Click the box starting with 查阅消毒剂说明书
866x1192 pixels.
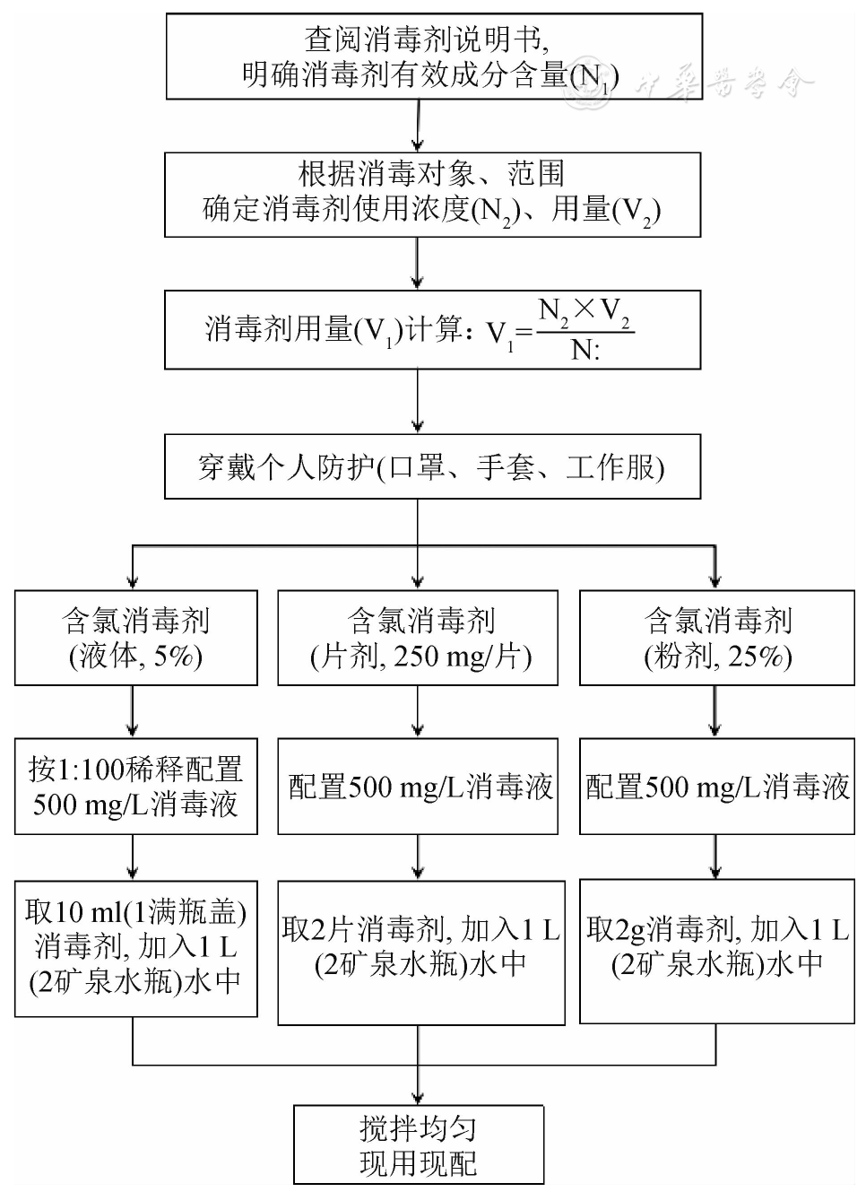point(434,56)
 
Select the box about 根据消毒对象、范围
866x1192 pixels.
point(432,193)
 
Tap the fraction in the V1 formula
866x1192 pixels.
point(585,329)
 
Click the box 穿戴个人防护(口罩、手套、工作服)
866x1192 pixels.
point(432,466)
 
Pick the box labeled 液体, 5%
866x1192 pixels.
point(135,638)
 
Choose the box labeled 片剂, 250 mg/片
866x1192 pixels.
point(418,638)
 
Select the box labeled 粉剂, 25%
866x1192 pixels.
point(716,638)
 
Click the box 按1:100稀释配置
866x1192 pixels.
point(135,786)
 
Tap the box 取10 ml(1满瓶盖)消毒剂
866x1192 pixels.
point(135,948)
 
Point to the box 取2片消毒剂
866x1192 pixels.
point(420,952)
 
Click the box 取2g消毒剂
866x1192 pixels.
point(716,952)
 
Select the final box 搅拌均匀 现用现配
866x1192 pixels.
point(419,1144)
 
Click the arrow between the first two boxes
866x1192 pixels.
point(418,126)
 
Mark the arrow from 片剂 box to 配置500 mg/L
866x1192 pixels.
point(418,712)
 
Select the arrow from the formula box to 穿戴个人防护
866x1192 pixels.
point(418,402)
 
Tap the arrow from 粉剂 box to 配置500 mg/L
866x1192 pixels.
point(715,712)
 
